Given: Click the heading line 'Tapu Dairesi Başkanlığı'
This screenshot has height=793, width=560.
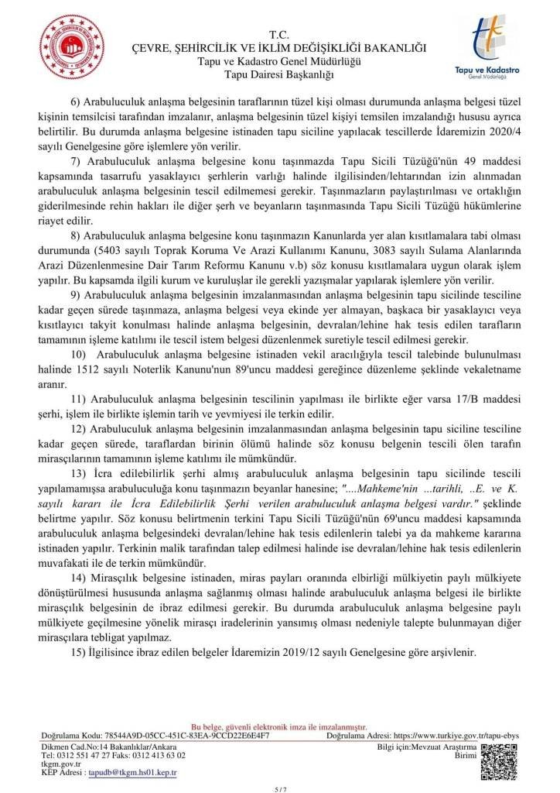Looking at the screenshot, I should (278, 74).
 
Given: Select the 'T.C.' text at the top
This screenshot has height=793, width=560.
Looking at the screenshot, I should (278, 35).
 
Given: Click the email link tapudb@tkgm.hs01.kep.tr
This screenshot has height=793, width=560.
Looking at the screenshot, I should (133, 773).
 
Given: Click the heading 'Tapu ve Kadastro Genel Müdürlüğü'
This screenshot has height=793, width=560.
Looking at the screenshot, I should (278, 61).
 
